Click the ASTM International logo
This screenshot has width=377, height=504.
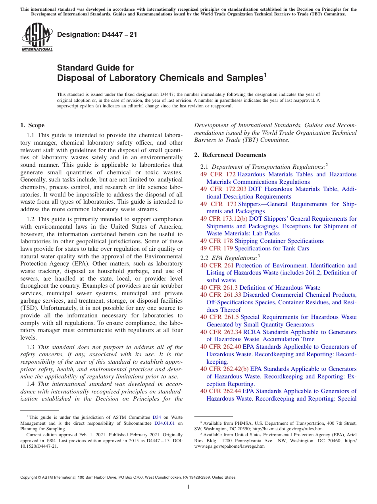pos(37,38)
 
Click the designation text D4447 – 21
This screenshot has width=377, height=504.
pos(97,34)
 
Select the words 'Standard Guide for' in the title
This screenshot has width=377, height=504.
pos(96,68)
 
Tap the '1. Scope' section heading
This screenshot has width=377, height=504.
pos(32,125)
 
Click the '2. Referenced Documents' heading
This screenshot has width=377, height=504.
pos(230,155)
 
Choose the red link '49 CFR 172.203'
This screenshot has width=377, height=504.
pos(223,189)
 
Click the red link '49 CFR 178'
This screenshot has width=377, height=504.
pos(217,241)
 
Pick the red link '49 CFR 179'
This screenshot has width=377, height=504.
pos(217,248)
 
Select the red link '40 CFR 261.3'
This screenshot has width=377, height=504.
pos(219,288)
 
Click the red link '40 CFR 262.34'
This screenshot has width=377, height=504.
pos(221,332)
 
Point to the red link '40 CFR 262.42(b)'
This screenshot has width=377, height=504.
pos(224,369)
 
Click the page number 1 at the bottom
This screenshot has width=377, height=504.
pos(188,487)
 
